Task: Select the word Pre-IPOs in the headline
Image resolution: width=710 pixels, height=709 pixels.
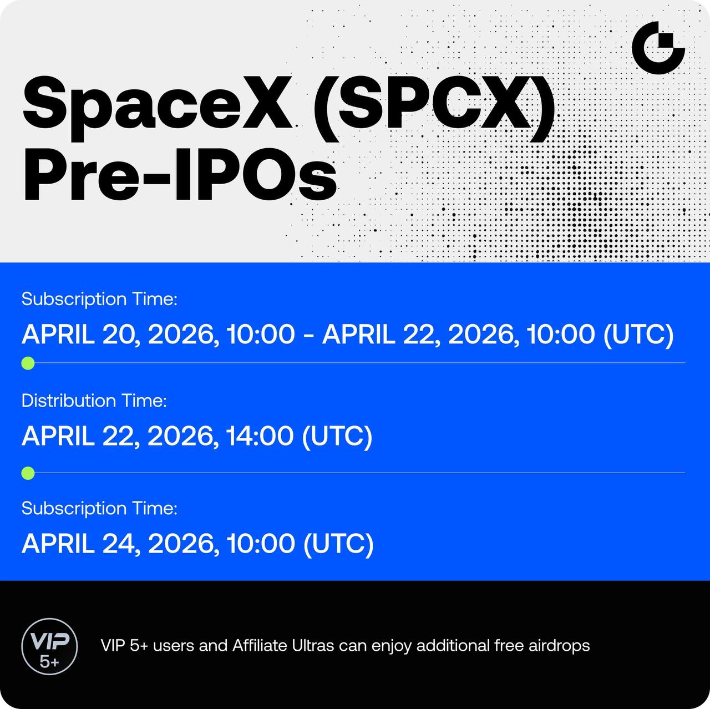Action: tap(180, 175)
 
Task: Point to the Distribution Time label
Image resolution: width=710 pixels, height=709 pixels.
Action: tap(94, 401)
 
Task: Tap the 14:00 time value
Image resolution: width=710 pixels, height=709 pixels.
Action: tap(260, 436)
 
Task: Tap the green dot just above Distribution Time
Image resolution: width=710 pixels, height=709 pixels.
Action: tap(28, 363)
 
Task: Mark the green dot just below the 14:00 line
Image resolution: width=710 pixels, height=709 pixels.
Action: tap(28, 473)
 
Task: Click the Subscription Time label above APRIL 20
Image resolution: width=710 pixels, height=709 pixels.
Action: tap(99, 299)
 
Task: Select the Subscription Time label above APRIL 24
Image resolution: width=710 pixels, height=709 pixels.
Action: tap(99, 509)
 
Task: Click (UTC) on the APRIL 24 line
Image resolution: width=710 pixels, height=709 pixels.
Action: tap(338, 544)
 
